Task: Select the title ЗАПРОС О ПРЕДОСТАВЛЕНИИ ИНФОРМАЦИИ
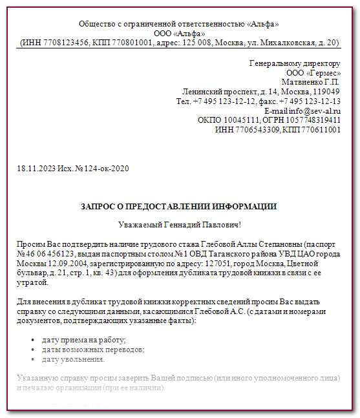pos(179,207)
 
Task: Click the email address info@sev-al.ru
pos(315,110)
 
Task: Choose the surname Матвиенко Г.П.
pos(310,82)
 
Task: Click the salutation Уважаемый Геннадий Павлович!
pos(179,225)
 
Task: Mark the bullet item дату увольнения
pos(73,359)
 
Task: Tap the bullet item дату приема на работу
pos(83,340)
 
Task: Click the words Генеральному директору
pos(295,63)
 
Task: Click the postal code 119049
pos(326,92)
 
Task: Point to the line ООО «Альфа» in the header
pos(179,34)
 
